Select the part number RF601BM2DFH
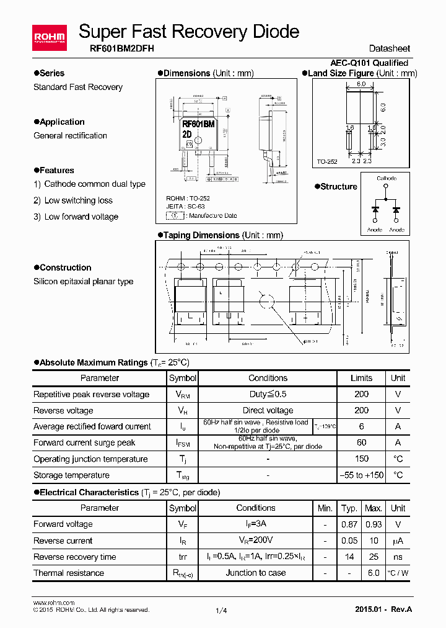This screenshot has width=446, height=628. tap(118, 48)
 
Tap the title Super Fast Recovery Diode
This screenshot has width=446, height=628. tap(189, 31)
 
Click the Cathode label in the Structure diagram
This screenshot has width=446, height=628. tap(387, 179)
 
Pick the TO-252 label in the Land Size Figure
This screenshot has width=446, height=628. tap(327, 161)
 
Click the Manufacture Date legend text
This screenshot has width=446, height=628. tap(213, 215)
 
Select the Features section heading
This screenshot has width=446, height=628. tap(56, 170)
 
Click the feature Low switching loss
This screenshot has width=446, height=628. tap(78, 200)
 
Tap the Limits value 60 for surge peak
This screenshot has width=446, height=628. tap(361, 442)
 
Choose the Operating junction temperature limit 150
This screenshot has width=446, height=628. tap(361, 459)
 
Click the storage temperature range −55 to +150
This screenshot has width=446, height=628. tap(361, 475)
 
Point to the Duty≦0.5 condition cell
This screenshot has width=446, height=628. tap(268, 394)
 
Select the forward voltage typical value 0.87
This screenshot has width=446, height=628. tap(349, 524)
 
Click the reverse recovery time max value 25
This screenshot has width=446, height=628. tap(373, 557)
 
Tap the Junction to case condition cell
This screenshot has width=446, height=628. tap(255, 573)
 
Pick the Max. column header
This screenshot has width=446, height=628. tap(373, 508)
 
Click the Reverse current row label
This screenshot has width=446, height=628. tap(63, 541)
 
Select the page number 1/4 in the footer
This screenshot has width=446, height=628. tap(221, 611)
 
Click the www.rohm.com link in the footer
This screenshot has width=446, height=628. tap(53, 603)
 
